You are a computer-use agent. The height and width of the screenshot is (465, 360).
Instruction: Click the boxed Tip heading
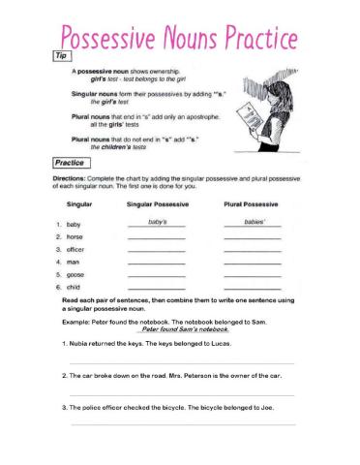coord(61,58)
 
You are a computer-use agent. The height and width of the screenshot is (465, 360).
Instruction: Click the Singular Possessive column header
coord(156,205)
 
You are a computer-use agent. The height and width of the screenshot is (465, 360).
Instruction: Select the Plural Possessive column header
coord(253,205)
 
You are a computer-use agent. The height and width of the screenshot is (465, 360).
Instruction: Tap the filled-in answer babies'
coord(253,222)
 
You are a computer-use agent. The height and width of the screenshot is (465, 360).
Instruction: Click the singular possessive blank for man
coord(156,263)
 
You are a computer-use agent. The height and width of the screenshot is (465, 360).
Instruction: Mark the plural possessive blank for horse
coord(253,238)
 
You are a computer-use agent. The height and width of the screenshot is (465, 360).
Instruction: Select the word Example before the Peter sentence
coord(76,321)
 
